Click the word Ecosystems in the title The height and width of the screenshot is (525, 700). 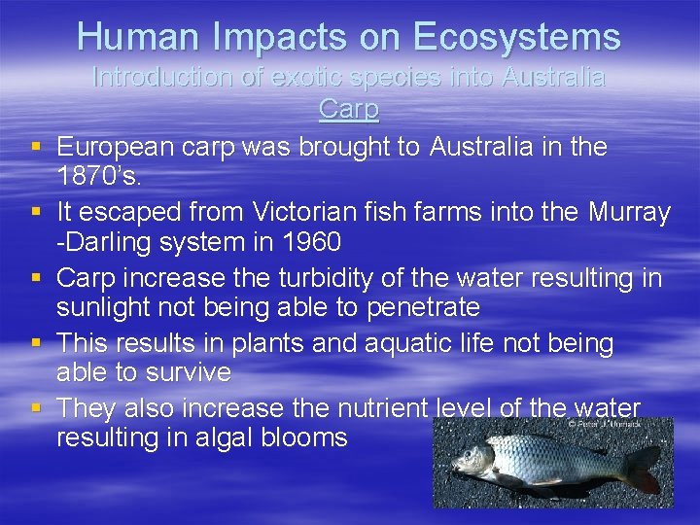[516, 38]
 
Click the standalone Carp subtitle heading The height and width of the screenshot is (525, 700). [348, 109]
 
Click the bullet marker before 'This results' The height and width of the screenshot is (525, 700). [35, 343]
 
